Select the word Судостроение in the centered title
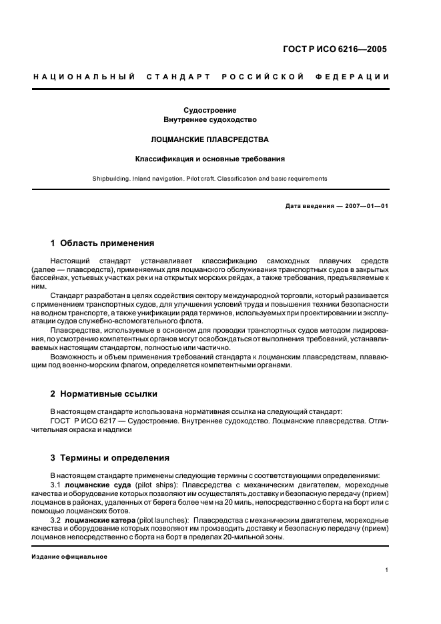point(210,110)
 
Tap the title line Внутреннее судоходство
point(210,119)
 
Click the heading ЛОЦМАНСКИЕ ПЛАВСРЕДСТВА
point(210,140)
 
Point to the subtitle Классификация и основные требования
point(210,159)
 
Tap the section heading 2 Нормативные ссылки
point(104,394)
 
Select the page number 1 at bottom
point(387,571)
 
